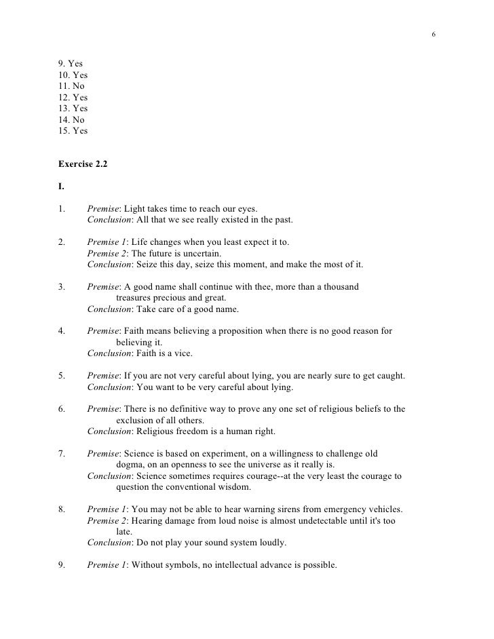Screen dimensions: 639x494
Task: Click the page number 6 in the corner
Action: (x=433, y=35)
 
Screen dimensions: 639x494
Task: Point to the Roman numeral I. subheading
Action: (x=62, y=185)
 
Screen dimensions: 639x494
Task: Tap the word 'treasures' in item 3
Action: (x=136, y=297)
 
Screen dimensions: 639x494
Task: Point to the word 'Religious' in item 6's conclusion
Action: (x=155, y=431)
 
